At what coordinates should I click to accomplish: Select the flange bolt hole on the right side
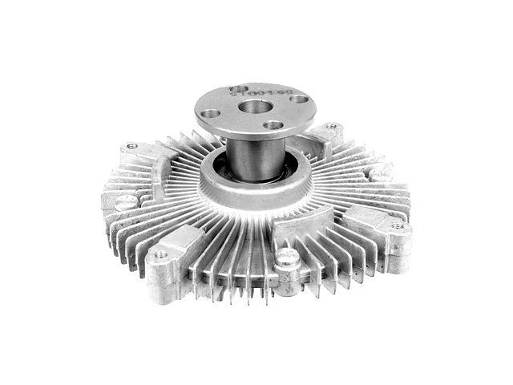(298, 99)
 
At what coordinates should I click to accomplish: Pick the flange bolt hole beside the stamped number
(238, 88)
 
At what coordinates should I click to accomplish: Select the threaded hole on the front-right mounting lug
(396, 227)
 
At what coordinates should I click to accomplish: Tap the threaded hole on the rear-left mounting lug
(131, 147)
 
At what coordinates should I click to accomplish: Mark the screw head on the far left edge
(125, 202)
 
